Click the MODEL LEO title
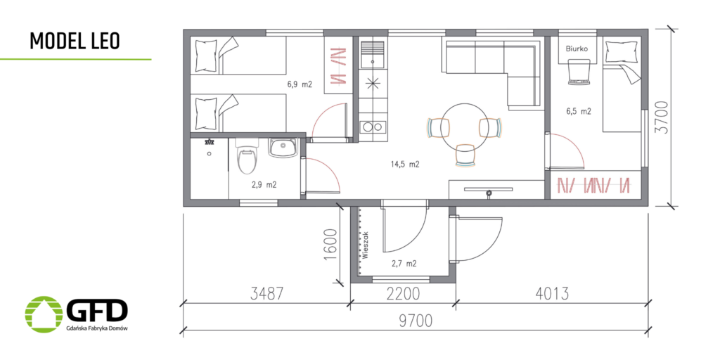75,41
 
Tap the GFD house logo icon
44,314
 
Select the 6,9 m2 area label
300,84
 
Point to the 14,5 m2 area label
405,164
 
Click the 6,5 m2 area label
579,111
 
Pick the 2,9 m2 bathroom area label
264,185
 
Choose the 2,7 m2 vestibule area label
404,264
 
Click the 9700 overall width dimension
415,321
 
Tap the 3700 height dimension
662,117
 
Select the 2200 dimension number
402,293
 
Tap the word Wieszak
366,245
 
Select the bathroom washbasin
283,148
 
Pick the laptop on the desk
578,73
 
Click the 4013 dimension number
552,293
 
